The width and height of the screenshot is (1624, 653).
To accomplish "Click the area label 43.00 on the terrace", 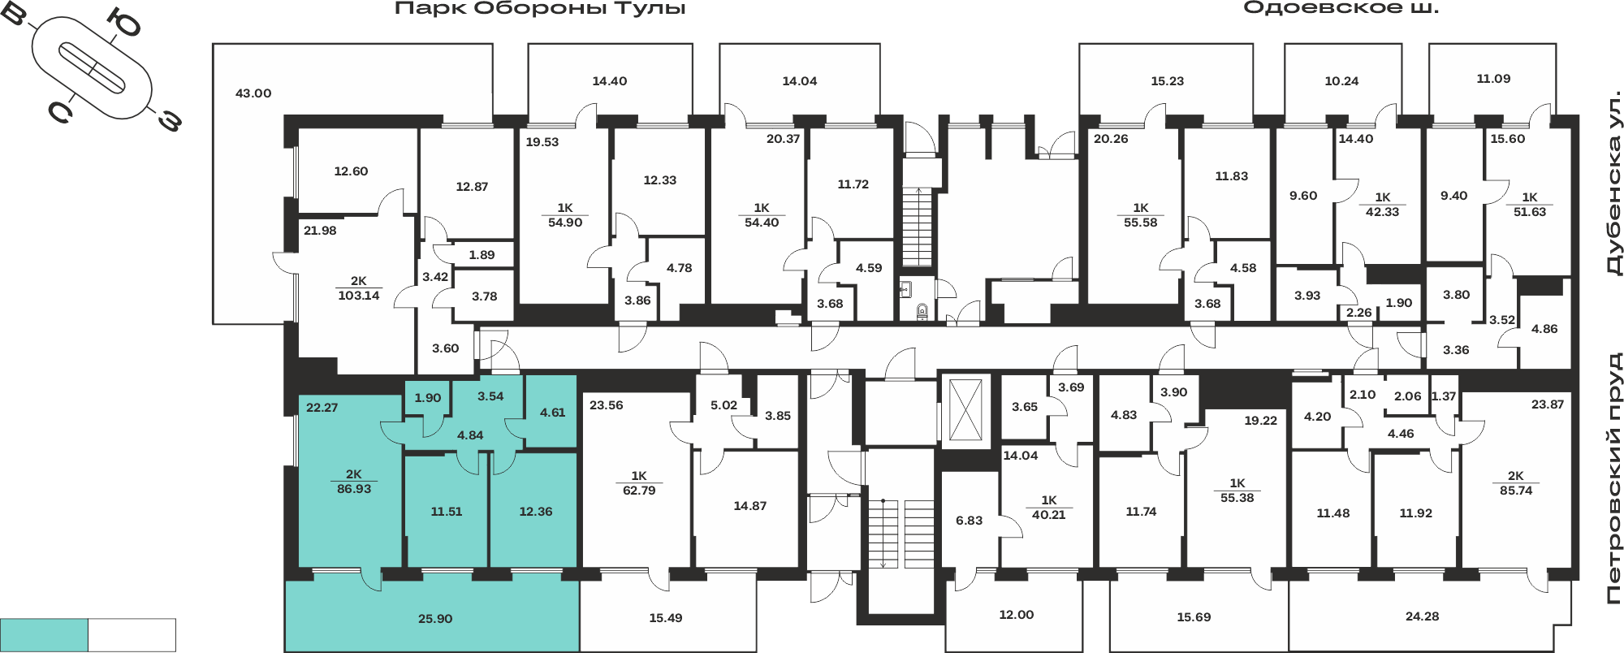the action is click(253, 93).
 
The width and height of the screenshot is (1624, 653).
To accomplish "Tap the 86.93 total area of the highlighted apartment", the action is click(354, 489).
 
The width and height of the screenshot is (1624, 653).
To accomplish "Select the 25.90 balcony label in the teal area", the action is click(435, 619).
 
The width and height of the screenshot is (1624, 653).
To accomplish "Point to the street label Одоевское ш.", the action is click(1341, 8).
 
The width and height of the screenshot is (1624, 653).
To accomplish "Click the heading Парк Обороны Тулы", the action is click(540, 9).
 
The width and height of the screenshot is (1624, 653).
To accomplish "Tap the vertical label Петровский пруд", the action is click(1614, 478).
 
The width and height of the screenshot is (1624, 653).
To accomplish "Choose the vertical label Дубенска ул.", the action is click(1614, 184).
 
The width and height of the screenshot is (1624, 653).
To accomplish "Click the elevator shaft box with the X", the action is click(965, 411).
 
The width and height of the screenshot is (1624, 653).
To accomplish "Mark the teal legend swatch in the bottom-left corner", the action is click(44, 634).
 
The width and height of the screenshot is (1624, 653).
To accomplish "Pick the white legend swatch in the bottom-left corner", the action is click(132, 634).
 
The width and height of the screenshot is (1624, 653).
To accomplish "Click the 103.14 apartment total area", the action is click(359, 296).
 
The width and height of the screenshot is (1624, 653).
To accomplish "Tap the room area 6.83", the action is click(969, 521).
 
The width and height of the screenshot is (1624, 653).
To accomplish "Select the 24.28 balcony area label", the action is click(1422, 616).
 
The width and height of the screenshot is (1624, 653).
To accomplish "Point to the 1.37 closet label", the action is click(1444, 396).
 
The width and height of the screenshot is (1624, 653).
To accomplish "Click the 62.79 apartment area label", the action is click(639, 491).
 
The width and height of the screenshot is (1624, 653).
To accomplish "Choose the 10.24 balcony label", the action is click(1341, 81).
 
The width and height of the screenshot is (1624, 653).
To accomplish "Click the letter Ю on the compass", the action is click(125, 24).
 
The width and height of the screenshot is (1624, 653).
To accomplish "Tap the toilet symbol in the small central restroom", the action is click(922, 310).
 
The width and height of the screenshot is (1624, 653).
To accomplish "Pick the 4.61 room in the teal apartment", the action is click(552, 413).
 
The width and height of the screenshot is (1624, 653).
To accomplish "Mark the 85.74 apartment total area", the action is click(1516, 491).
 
